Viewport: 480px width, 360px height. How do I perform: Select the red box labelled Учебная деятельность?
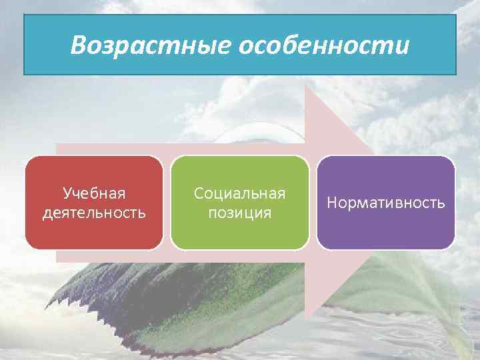(x=94, y=203)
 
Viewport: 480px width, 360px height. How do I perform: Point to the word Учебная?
(x=94, y=193)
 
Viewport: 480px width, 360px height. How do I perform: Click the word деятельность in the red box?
(x=94, y=213)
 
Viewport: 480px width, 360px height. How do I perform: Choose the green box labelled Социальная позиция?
(x=239, y=203)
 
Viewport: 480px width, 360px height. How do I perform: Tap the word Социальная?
(x=239, y=193)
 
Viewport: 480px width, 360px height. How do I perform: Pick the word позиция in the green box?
(x=239, y=213)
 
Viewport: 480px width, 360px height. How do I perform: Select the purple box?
(x=386, y=203)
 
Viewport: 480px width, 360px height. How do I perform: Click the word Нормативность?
(x=386, y=203)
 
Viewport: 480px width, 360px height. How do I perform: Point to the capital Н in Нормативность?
(x=331, y=203)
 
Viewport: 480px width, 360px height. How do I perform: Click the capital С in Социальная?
(x=198, y=193)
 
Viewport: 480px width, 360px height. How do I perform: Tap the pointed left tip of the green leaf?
(x=45, y=309)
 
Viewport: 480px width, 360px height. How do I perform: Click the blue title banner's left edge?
(x=25, y=45)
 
